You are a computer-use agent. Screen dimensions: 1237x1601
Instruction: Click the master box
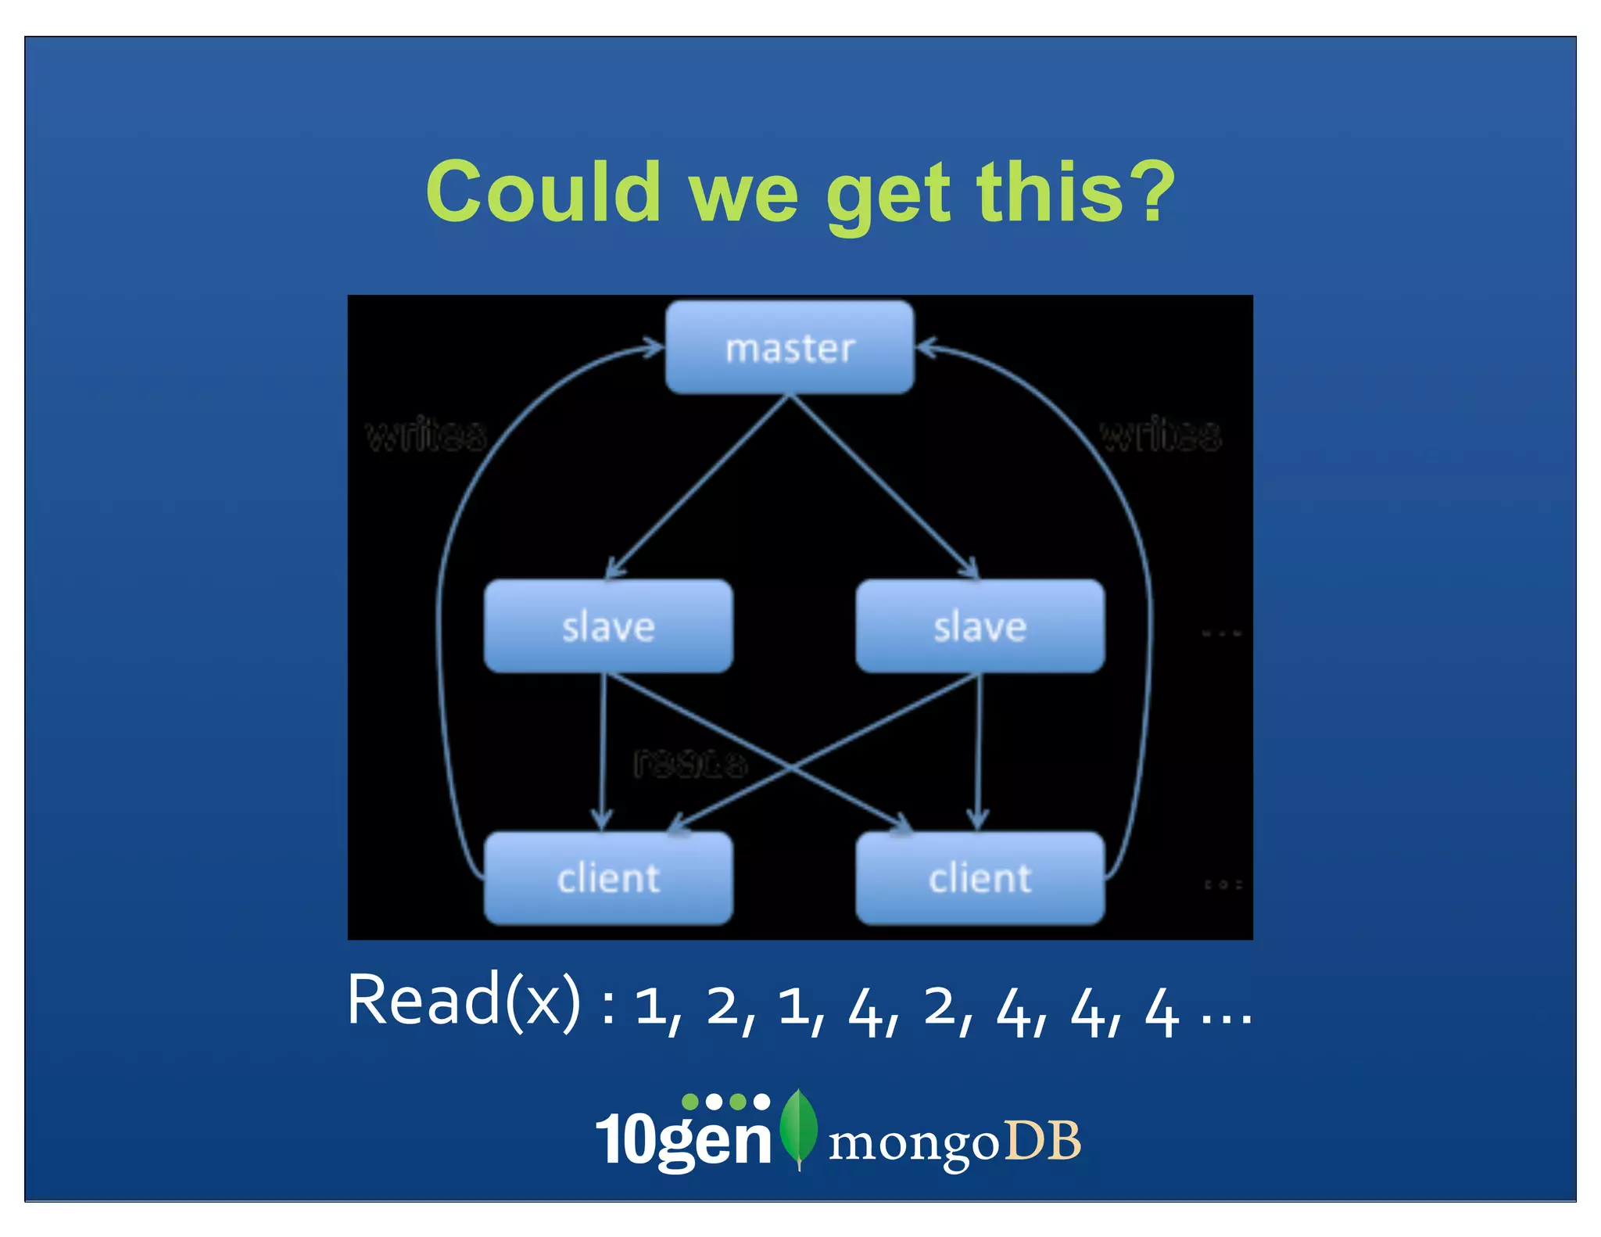pyautogui.click(x=790, y=347)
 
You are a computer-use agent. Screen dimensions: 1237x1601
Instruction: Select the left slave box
pyautogui.click(x=608, y=626)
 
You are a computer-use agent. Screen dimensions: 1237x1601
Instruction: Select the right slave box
pyautogui.click(x=980, y=626)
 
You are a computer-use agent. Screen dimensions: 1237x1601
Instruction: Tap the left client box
pyautogui.click(x=608, y=878)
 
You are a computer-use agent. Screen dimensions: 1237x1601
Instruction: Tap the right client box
pyautogui.click(x=980, y=878)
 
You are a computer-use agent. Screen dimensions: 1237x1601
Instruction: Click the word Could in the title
pyautogui.click(x=543, y=192)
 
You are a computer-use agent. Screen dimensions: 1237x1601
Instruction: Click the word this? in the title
pyautogui.click(x=1076, y=192)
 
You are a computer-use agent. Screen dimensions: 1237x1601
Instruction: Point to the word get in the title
pyautogui.click(x=888, y=195)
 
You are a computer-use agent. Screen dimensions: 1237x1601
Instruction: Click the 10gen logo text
pyautogui.click(x=683, y=1138)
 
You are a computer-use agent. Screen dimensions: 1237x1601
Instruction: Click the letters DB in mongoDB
pyautogui.click(x=1042, y=1140)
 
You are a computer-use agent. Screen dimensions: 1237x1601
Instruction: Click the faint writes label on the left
pyautogui.click(x=426, y=435)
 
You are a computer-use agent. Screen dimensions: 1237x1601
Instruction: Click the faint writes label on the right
pyautogui.click(x=1160, y=435)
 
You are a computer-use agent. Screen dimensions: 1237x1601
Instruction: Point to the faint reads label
pyautogui.click(x=689, y=762)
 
